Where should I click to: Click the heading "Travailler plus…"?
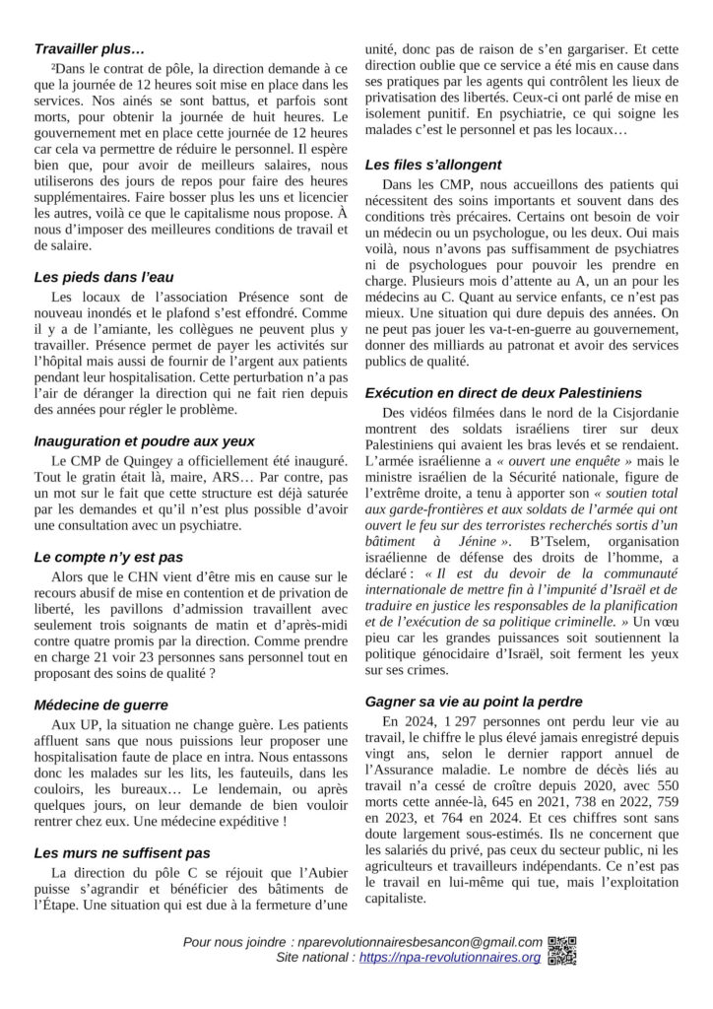[x=90, y=47]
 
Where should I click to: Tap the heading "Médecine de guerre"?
[x=100, y=705]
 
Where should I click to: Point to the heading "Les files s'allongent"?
[x=432, y=165]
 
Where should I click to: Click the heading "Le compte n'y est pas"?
[x=108, y=557]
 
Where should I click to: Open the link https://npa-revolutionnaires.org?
[x=450, y=958]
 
